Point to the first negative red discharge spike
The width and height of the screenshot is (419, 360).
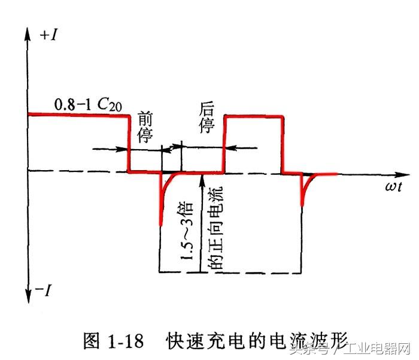[162, 204]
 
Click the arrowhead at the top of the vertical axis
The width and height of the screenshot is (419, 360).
[27, 31]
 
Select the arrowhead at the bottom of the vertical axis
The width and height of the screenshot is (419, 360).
[27, 297]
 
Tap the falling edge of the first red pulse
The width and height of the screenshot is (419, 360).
[128, 144]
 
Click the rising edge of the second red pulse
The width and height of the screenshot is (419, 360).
[224, 144]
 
